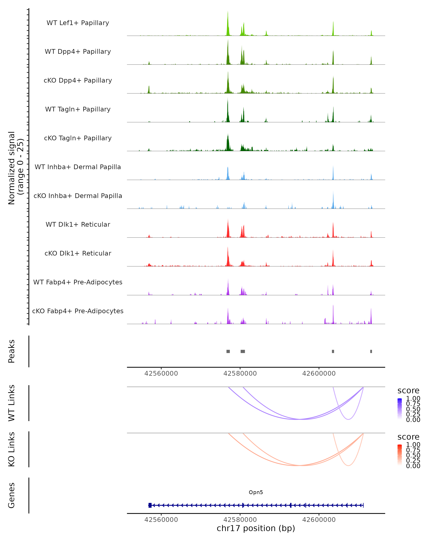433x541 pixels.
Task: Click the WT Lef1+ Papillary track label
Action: pos(78,23)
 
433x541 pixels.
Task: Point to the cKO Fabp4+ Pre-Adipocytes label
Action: pos(78,311)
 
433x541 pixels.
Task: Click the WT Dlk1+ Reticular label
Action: pos(78,224)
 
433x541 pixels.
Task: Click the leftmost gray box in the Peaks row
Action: pos(228,351)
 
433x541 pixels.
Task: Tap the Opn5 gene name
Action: pos(256,492)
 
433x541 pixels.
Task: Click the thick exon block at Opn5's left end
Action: pos(150,505)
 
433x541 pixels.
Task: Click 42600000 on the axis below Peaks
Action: pos(319,373)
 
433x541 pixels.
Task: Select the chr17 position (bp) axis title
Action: pos(256,528)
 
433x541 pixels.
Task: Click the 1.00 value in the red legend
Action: pos(413,445)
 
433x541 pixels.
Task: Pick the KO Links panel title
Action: pos(12,449)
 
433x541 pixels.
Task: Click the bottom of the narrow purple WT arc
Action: pos(348,419)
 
